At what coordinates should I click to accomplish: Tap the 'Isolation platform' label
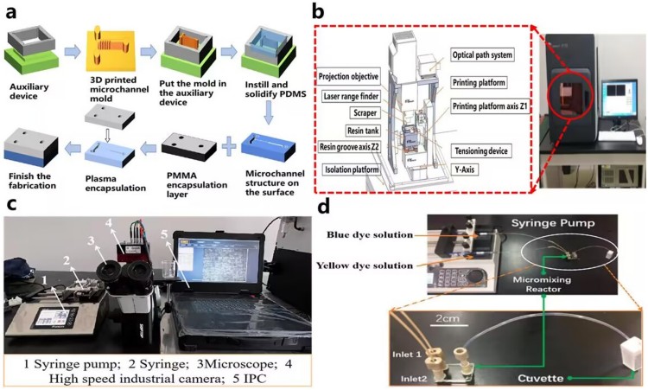352,169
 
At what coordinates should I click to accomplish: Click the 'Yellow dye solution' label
380,266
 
